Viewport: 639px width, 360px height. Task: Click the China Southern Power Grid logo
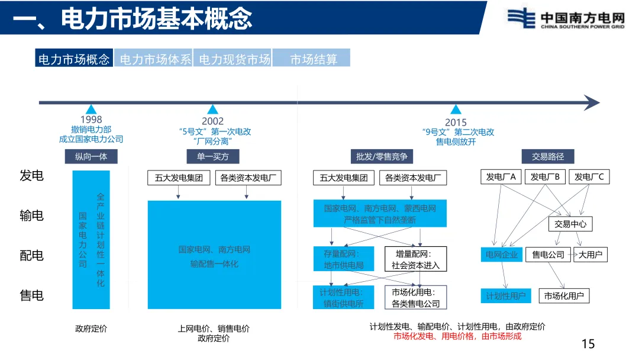click(x=566, y=19)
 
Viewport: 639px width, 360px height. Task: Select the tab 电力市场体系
click(x=154, y=59)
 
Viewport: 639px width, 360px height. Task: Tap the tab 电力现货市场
click(x=234, y=59)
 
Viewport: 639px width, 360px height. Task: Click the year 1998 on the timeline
click(x=91, y=120)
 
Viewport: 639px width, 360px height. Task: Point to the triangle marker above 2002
click(x=213, y=109)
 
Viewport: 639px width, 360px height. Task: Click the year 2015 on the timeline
click(x=456, y=123)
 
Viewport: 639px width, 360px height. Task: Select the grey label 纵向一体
click(x=91, y=156)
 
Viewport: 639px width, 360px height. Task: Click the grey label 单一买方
click(x=212, y=156)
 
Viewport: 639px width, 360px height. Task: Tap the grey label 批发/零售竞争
click(x=381, y=156)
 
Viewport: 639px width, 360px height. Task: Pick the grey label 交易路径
click(x=548, y=156)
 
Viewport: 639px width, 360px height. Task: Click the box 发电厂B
click(x=547, y=176)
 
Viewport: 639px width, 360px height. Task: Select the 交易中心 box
click(x=570, y=224)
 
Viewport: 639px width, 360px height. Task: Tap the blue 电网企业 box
click(x=501, y=255)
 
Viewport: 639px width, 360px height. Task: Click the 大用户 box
click(x=590, y=255)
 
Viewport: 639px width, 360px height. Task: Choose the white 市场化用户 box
click(x=563, y=296)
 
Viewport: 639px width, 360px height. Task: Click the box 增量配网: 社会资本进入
click(x=415, y=259)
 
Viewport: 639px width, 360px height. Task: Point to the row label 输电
click(x=31, y=216)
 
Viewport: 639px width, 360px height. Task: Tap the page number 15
click(x=588, y=344)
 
